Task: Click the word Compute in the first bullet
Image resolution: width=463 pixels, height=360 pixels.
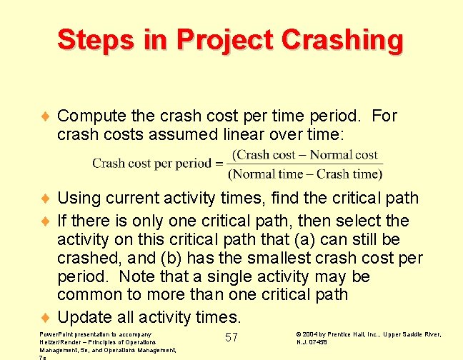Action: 89,116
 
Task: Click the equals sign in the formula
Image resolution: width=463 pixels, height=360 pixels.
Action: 219,163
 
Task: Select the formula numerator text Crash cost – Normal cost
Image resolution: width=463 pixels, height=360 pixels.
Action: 306,154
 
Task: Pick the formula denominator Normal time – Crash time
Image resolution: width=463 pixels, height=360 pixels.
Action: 305,174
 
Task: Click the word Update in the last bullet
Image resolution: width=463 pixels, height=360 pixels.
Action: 83,316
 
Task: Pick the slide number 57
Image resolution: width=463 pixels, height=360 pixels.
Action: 231,337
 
